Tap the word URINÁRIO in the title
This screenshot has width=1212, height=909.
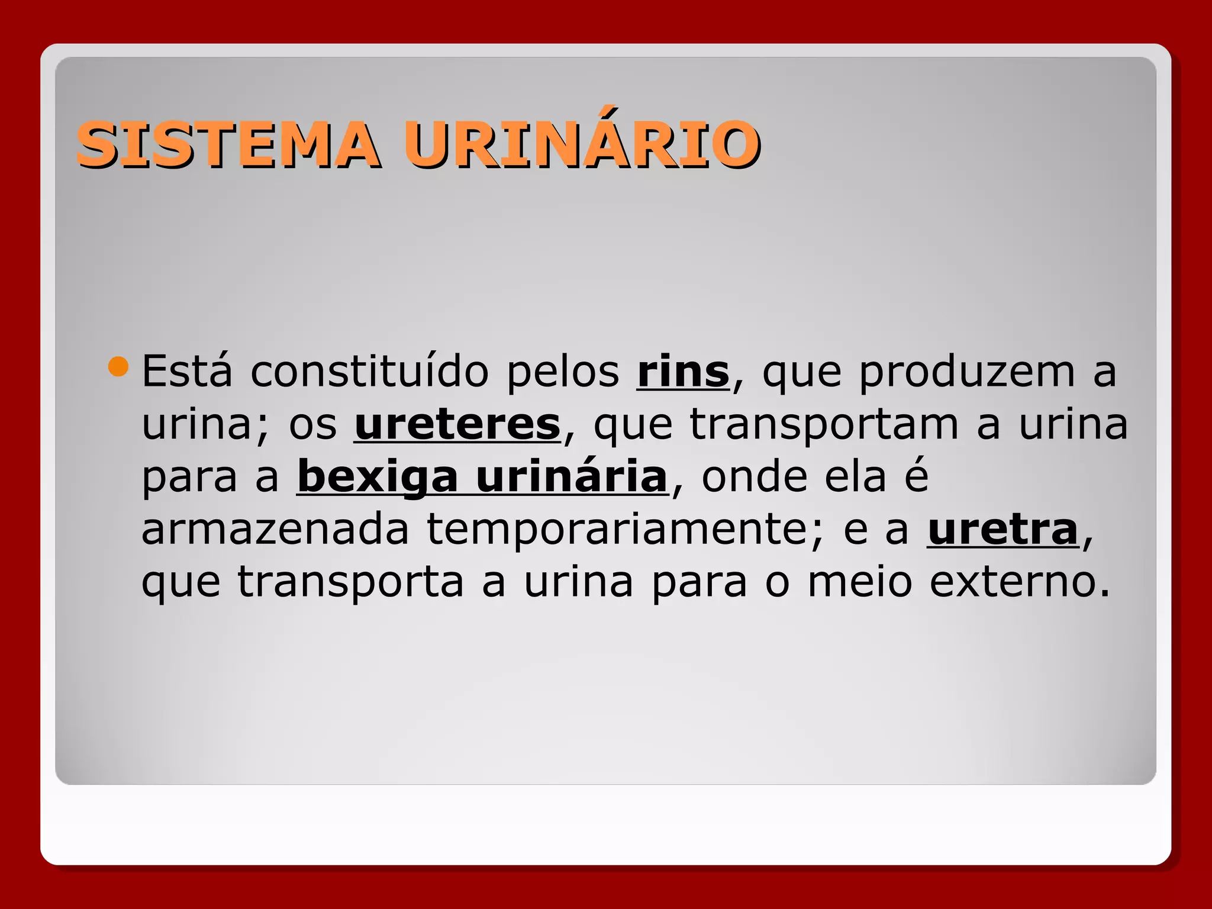[582, 144]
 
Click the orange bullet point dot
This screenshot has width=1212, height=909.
[118, 367]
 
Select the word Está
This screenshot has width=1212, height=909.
[187, 372]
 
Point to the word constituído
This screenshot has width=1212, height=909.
[369, 372]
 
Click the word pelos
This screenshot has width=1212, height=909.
[563, 372]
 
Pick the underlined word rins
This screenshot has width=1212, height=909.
[683, 372]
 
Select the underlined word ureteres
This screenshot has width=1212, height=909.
[457, 424]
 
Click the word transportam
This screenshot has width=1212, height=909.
[824, 425]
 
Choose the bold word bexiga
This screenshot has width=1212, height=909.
[378, 478]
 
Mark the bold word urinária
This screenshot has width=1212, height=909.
[572, 476]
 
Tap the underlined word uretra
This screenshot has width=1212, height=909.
[1003, 529]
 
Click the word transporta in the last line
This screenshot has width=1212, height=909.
[350, 582]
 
